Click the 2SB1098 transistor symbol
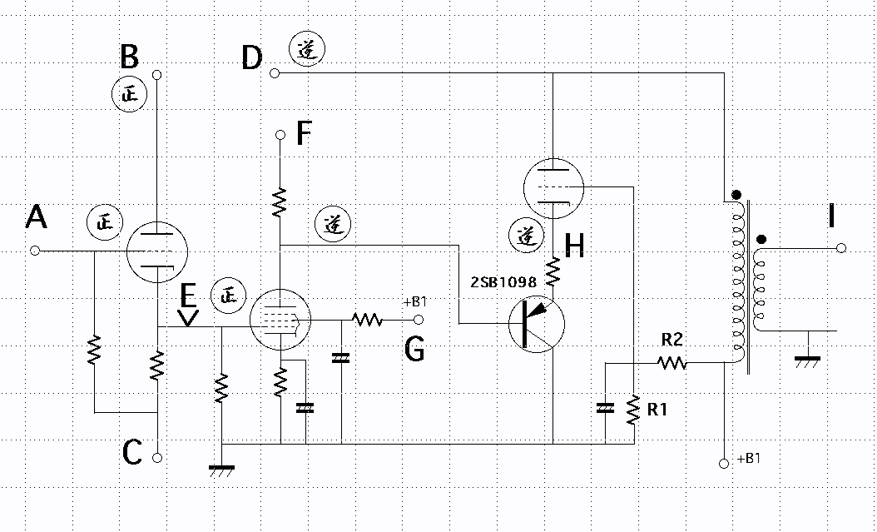[x=537, y=325]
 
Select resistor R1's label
[x=657, y=410]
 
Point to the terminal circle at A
[x=35, y=251]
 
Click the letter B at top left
[x=130, y=57]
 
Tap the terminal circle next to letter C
[x=157, y=458]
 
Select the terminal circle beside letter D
[x=274, y=73]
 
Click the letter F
[x=303, y=133]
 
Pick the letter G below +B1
[x=414, y=351]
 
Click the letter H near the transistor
[x=574, y=246]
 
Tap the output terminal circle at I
[x=841, y=248]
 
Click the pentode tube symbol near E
[x=280, y=320]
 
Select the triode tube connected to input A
[x=157, y=251]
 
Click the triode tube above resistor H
[x=553, y=187]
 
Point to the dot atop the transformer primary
[x=736, y=196]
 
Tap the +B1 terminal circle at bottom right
[x=724, y=464]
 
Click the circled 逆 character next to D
[x=307, y=50]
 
